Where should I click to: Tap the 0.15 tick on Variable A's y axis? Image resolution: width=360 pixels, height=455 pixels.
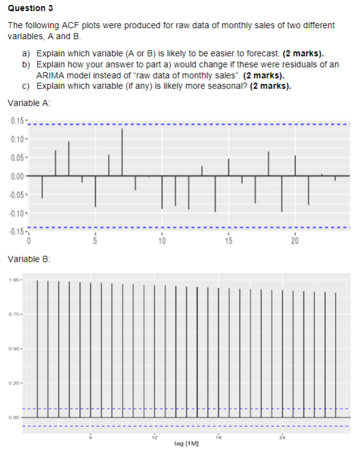(17, 119)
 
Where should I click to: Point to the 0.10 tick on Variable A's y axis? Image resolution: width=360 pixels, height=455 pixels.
(17, 138)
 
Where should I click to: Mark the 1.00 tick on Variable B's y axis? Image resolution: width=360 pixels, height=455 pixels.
(15, 281)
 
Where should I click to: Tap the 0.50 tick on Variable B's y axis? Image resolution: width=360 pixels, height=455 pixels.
(15, 349)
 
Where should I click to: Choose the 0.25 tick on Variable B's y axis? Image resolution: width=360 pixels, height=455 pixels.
(15, 383)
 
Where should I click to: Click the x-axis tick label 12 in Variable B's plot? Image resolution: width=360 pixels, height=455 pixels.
(155, 437)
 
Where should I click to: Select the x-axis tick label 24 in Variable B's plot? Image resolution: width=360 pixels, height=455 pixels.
(282, 437)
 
